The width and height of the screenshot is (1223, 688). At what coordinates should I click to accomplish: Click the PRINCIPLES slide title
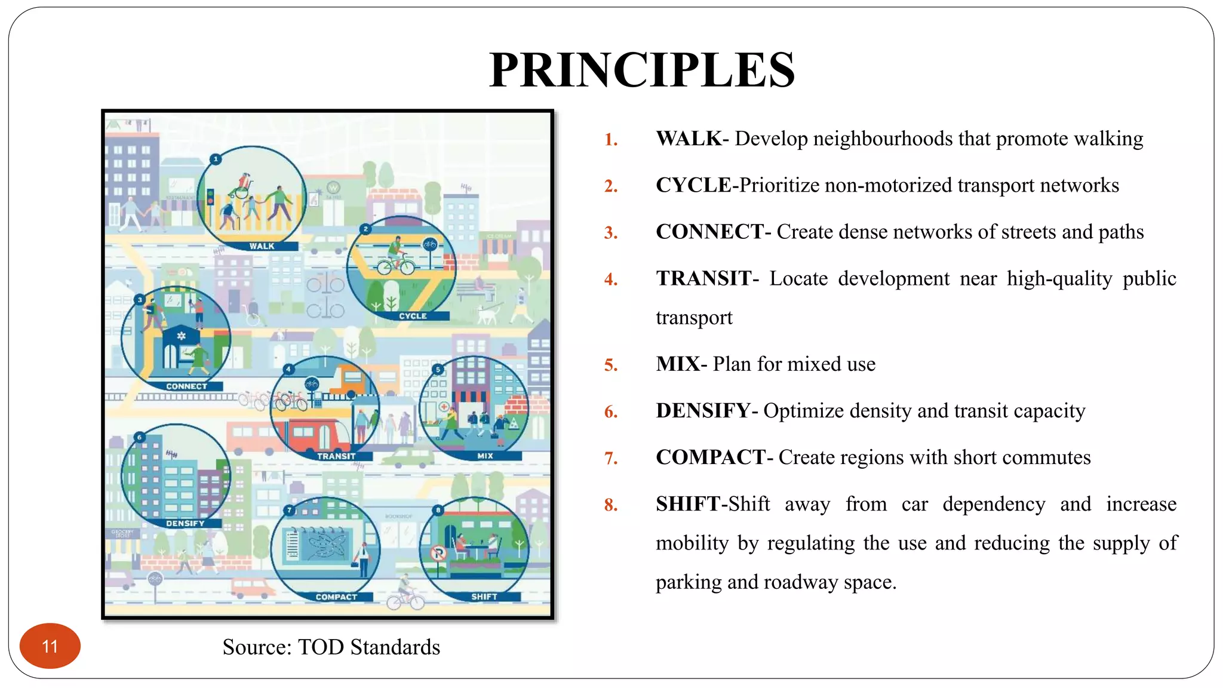(x=642, y=70)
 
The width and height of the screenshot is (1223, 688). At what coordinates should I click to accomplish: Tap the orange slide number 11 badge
(x=50, y=646)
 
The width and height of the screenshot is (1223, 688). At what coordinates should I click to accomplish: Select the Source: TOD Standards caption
(x=331, y=647)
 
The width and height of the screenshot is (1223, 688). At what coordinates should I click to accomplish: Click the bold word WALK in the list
(x=689, y=139)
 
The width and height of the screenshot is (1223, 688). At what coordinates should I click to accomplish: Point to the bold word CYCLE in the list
(x=693, y=185)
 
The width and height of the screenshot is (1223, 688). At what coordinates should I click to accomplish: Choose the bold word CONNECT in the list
(x=709, y=232)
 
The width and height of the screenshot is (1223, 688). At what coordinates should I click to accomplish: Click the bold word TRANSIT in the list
(x=703, y=278)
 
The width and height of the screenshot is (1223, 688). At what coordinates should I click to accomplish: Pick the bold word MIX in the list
(x=677, y=364)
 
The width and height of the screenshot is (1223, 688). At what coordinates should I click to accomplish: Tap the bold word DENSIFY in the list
(x=703, y=411)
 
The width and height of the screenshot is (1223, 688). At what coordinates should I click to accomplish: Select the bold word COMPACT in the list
(x=710, y=457)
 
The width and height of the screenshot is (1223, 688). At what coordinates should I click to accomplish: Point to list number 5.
(x=610, y=365)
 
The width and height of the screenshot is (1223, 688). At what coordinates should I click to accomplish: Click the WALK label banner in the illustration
(x=262, y=246)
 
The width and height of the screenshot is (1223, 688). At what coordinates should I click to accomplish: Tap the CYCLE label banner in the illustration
(x=413, y=316)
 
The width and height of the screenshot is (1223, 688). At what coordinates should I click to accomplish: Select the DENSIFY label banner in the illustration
(x=185, y=523)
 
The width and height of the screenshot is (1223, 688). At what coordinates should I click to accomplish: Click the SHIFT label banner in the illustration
(x=484, y=597)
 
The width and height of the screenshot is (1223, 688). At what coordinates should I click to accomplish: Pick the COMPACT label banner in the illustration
(x=336, y=597)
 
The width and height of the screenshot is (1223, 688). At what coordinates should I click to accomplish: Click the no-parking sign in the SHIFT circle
(x=439, y=554)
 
